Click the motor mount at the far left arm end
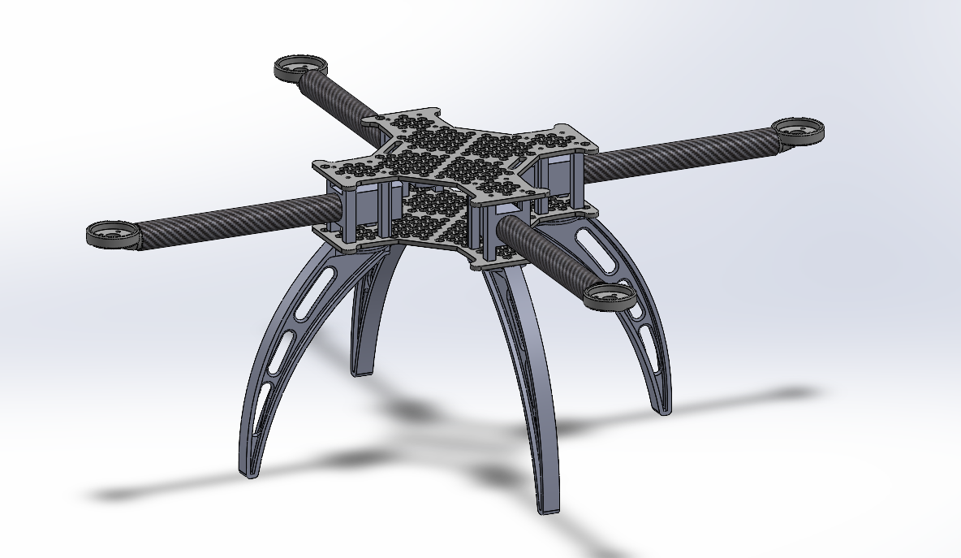[x=113, y=234]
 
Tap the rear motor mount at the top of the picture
[x=299, y=67]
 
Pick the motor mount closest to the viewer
[x=609, y=296]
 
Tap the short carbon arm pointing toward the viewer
[x=544, y=251]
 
